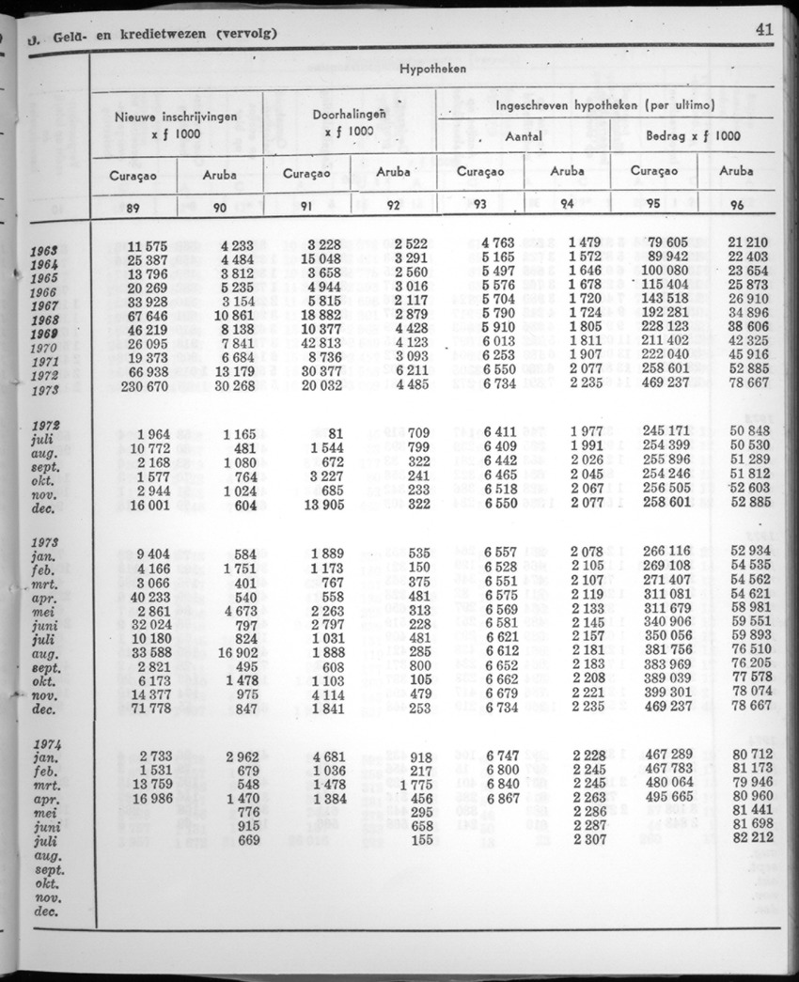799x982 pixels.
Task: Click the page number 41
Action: (x=763, y=29)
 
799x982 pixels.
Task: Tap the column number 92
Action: (x=393, y=205)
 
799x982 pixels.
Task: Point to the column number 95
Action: (x=653, y=204)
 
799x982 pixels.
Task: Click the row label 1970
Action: (x=44, y=348)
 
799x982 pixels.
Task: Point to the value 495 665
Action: (x=666, y=798)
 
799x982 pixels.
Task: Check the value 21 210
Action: (x=749, y=243)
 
